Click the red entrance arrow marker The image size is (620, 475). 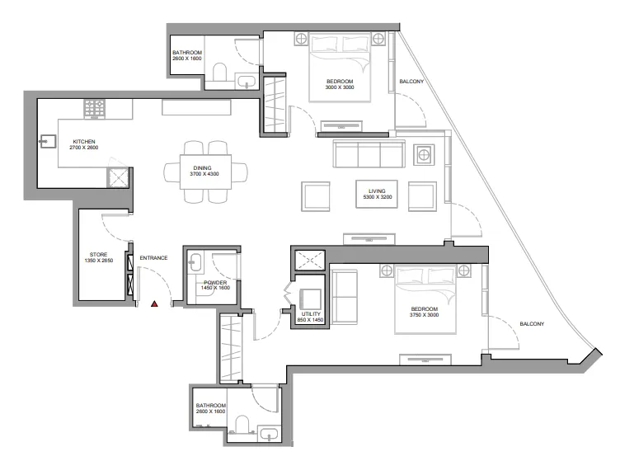[x=154, y=304]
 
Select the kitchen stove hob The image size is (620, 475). [x=94, y=107]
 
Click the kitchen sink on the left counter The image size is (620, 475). [x=46, y=142]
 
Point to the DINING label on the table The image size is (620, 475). [x=196, y=171]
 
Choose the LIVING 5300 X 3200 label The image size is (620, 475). [x=376, y=195]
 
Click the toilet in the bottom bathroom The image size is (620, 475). [x=242, y=426]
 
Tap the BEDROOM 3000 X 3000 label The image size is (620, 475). [x=339, y=84]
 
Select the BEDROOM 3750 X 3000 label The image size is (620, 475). [x=427, y=313]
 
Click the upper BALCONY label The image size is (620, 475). [x=411, y=82]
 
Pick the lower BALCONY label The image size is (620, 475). [x=532, y=323]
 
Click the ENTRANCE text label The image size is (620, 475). [x=153, y=258]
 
